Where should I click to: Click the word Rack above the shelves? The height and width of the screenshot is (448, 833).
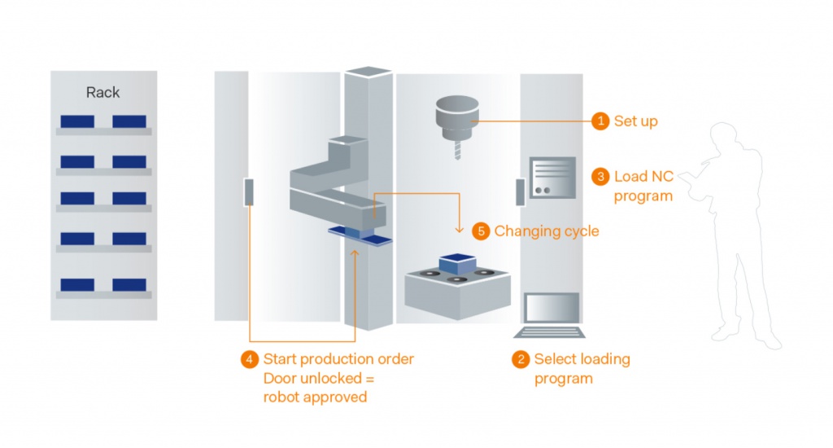pos(102,93)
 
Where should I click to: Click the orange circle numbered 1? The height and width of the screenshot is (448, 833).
pos(600,121)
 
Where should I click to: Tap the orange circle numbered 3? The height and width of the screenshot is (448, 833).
pos(600,176)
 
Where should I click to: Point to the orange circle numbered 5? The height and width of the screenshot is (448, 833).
pos(481,231)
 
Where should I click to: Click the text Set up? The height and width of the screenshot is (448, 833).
pos(635,121)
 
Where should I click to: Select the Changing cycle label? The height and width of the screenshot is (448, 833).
pos(546,231)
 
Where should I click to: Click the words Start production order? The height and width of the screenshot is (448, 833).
pos(338,359)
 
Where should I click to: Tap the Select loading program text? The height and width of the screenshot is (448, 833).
pos(581,368)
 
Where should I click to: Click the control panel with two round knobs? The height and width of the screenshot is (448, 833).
pos(553,178)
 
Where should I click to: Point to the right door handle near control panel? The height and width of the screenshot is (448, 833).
pos(518,192)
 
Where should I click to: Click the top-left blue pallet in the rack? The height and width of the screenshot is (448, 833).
pos(77,121)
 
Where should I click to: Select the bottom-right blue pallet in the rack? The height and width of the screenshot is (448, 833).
pos(129,284)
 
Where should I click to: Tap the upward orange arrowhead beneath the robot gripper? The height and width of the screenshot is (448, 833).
pos(354,254)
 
